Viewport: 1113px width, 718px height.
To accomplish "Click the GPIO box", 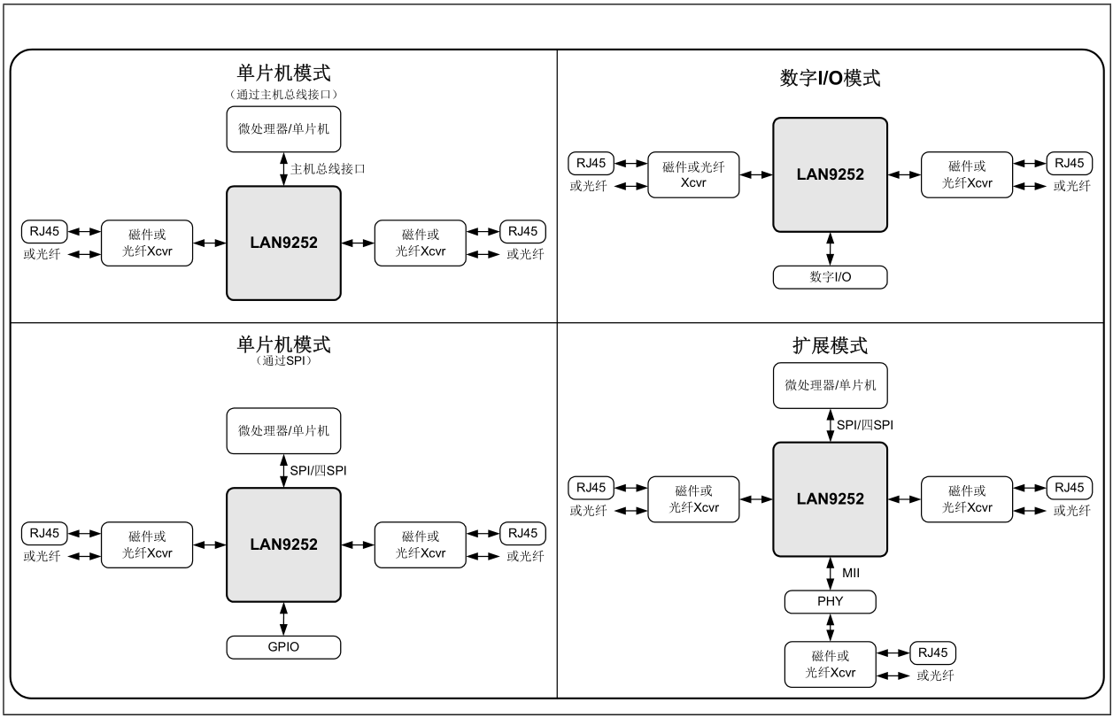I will [x=283, y=647].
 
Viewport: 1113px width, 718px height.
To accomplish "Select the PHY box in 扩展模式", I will [x=830, y=602].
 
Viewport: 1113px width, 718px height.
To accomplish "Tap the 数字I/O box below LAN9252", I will [x=830, y=277].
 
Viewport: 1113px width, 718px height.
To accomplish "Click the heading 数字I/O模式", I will [x=830, y=78].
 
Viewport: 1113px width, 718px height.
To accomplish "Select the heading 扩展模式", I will [x=830, y=345].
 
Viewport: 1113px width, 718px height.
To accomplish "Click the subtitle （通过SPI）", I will [x=283, y=362].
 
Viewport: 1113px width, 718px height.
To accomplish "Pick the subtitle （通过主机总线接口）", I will [x=283, y=94].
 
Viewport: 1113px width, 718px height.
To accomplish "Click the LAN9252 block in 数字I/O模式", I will [x=830, y=174].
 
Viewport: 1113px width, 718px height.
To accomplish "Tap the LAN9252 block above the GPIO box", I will [x=283, y=544].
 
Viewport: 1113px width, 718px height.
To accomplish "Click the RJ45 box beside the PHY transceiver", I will [x=933, y=653].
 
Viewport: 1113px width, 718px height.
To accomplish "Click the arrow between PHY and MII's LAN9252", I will [x=830, y=575].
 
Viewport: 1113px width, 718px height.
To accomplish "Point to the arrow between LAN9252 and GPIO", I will [x=283, y=618].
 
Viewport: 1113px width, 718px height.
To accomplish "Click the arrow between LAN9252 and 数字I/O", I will [x=830, y=248].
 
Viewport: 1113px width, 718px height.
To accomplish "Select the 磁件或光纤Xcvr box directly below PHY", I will [x=830, y=664].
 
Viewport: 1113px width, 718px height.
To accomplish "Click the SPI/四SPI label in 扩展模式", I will [x=864, y=425].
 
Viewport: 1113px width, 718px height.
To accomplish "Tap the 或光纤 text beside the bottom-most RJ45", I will [x=935, y=676].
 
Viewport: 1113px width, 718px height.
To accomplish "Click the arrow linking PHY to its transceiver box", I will [x=830, y=627].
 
